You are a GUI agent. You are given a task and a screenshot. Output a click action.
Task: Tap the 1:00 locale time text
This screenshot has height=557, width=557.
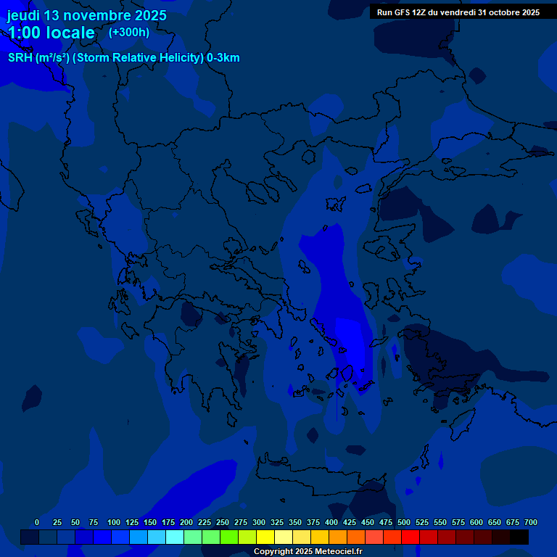pos(51,33)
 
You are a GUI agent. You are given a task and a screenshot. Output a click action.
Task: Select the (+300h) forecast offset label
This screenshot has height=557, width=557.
pos(129,32)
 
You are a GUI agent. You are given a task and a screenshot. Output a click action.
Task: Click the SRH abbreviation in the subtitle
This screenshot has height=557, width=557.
pos(20,58)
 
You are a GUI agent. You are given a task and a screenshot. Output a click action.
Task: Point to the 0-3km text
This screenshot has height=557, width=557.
pos(223,58)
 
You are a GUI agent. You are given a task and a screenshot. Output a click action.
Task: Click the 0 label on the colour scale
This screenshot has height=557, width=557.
pos(37,522)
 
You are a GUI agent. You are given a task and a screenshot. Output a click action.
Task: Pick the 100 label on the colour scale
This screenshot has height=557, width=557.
pos(114,522)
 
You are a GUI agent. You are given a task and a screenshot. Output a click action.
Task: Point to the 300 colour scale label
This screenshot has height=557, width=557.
pos(259,522)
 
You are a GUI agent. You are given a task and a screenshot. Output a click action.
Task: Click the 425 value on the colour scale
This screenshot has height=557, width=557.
pos(350,522)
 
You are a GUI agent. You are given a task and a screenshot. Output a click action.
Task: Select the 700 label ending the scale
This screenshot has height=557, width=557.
pos(531,522)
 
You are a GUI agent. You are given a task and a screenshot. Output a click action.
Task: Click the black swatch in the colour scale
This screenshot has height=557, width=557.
pos(519,537)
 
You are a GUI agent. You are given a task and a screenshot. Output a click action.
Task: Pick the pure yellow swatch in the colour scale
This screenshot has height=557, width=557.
pos(265,537)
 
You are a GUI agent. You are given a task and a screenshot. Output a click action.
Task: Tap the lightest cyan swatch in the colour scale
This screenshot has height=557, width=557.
pos(175,537)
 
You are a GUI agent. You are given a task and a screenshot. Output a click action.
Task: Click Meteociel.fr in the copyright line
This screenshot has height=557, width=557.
pos(337,552)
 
